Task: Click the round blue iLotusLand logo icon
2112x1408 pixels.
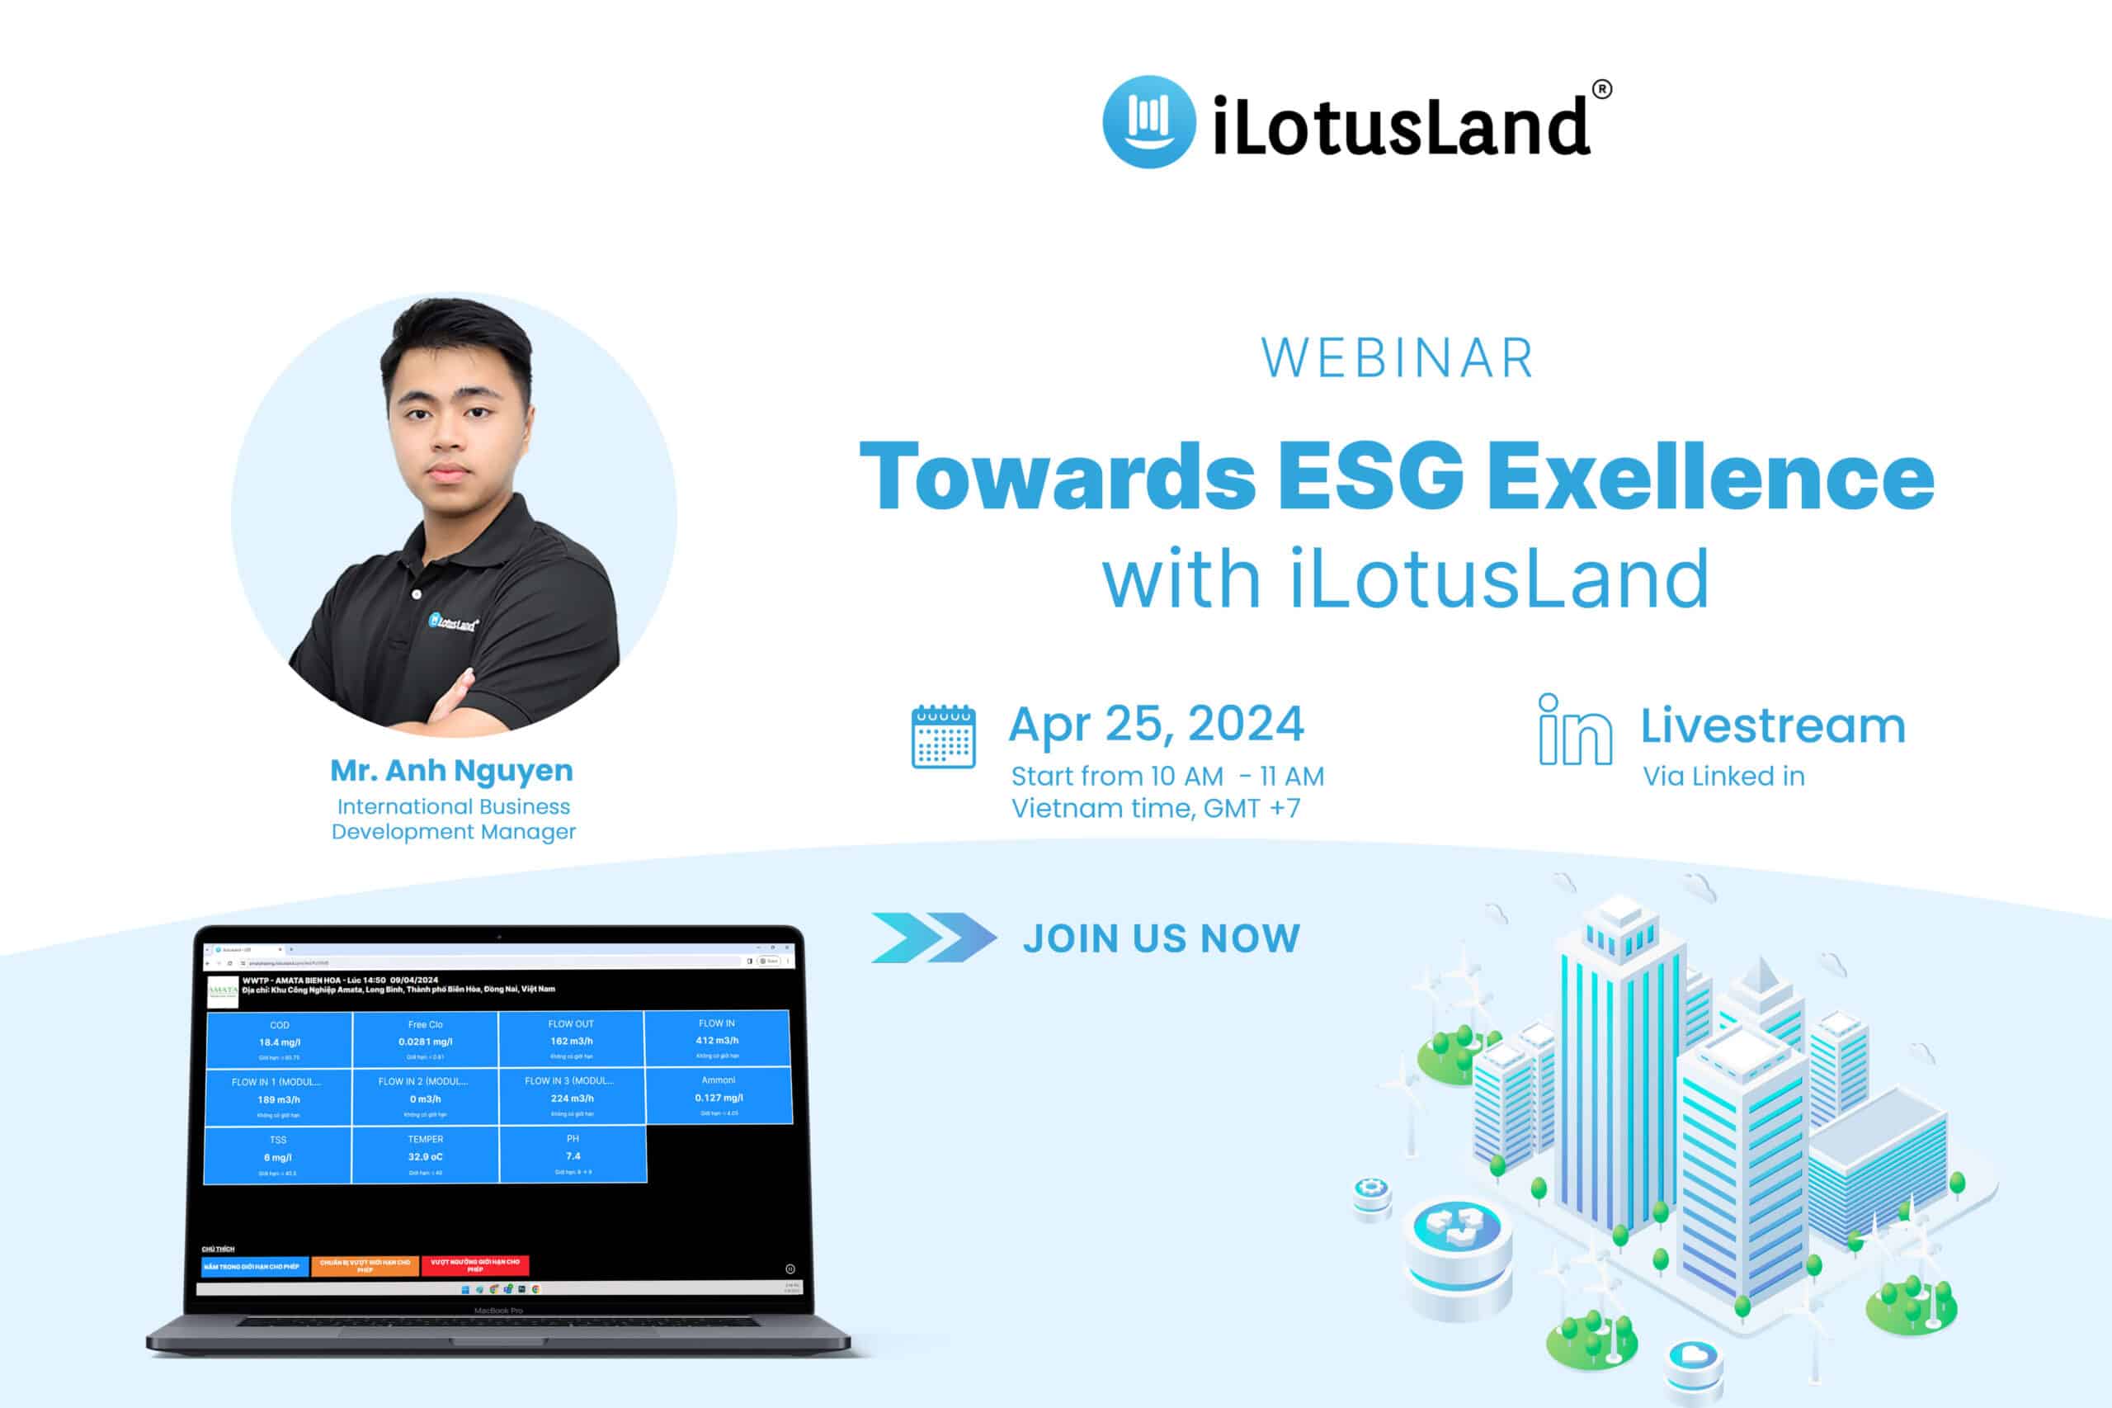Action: pyautogui.click(x=1148, y=121)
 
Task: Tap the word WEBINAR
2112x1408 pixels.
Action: pyautogui.click(x=1398, y=358)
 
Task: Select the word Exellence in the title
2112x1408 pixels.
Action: pyautogui.click(x=1710, y=476)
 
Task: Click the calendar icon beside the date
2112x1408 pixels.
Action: pyautogui.click(x=942, y=737)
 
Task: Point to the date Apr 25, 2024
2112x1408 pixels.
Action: pyautogui.click(x=1155, y=724)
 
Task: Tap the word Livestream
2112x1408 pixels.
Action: pyautogui.click(x=1773, y=725)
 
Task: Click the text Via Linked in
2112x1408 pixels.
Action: pyautogui.click(x=1723, y=777)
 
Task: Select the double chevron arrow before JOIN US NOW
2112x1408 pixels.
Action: pyautogui.click(x=933, y=938)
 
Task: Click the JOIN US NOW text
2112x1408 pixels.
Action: pyautogui.click(x=1162, y=938)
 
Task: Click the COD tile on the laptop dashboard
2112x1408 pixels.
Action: pyautogui.click(x=279, y=1040)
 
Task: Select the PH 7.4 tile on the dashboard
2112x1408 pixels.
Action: pyautogui.click(x=573, y=1155)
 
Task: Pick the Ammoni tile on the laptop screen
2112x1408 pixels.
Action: pyautogui.click(x=718, y=1095)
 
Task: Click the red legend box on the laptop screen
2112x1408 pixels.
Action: pyautogui.click(x=475, y=1265)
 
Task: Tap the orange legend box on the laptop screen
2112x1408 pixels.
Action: pyautogui.click(x=365, y=1265)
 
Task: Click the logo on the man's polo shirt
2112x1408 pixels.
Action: pyautogui.click(x=453, y=622)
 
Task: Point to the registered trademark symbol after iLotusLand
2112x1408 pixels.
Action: pyautogui.click(x=1601, y=89)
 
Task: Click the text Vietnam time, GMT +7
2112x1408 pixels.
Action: pyautogui.click(x=1155, y=809)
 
